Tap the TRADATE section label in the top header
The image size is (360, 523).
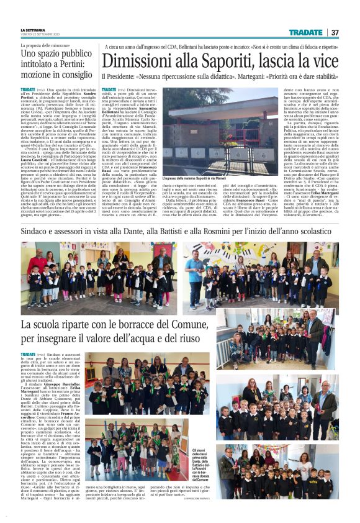[305, 32]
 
